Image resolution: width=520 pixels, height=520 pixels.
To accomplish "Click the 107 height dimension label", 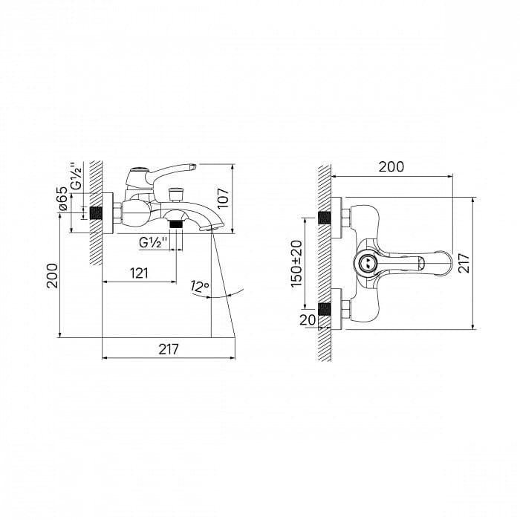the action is tap(224, 198).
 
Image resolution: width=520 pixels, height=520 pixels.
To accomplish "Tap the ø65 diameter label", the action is tap(62, 198).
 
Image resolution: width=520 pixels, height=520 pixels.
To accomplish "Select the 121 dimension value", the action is tap(139, 273).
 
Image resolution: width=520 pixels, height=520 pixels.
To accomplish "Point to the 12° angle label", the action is tap(200, 286).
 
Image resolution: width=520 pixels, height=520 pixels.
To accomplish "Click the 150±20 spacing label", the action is tap(297, 264).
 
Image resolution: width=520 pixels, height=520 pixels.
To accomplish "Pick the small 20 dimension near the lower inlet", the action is tap(308, 319).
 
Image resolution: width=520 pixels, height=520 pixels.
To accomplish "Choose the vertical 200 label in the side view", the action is tap(52, 276).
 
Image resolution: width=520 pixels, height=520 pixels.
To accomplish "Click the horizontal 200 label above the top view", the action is tap(391, 167).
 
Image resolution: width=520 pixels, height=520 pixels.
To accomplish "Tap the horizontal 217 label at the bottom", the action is tap(169, 349).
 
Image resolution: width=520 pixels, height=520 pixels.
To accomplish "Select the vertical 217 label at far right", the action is tap(464, 263).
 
